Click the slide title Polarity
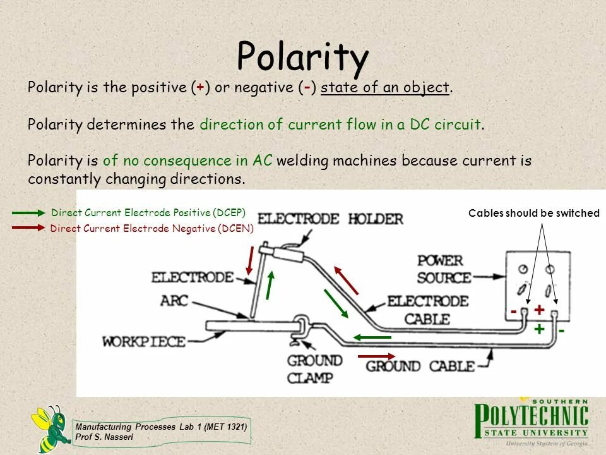(x=302, y=57)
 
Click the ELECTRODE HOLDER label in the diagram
(x=330, y=219)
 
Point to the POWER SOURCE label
(x=444, y=269)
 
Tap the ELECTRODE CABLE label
(x=427, y=309)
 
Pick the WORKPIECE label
(x=144, y=342)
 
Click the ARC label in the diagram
(x=174, y=300)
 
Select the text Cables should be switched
(x=533, y=214)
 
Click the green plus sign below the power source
(x=539, y=329)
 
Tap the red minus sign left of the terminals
(x=514, y=312)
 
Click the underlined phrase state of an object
(x=385, y=88)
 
